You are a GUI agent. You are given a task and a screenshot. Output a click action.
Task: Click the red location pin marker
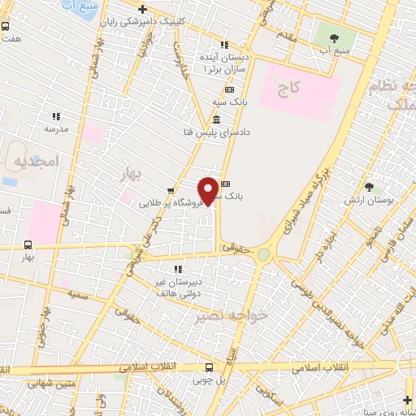click(x=208, y=191)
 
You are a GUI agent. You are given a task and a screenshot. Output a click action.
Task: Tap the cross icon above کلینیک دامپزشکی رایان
click(x=142, y=9)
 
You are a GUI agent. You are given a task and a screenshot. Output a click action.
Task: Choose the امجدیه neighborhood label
click(x=37, y=162)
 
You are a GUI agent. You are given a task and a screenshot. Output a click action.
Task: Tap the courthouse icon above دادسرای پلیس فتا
click(x=215, y=119)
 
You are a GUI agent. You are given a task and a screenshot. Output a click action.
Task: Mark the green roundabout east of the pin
click(x=264, y=254)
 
